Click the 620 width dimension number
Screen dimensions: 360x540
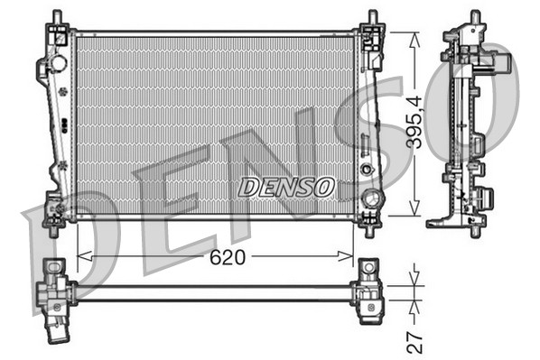click(227, 257)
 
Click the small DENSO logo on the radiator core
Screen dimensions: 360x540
click(285, 188)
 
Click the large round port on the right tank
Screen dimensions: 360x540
click(368, 198)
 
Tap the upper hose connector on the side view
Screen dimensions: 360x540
click(500, 63)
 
